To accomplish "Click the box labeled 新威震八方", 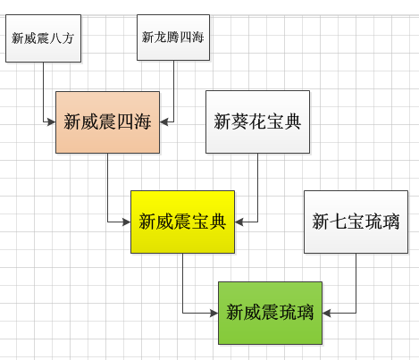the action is pos(43,38).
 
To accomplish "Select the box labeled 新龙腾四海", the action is pos(173,38).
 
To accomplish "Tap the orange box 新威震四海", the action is pos(107,122).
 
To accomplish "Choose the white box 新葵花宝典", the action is pos(257,122).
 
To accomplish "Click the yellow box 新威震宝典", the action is pos(182,222).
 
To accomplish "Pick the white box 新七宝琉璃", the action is pos(356,222).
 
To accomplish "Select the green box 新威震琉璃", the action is pos(270,313).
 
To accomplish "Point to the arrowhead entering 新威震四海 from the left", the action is pos(52,121).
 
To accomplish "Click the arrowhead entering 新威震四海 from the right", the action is pos(163,121).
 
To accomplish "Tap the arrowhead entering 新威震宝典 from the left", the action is pos(127,222).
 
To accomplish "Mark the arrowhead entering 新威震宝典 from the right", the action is pos(239,222).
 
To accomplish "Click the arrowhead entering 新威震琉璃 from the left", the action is pos(214,313).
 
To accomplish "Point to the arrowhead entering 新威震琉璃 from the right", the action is pos(326,313).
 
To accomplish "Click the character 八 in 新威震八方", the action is pos(55,38).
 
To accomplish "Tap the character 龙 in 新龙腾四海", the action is pos(160,38).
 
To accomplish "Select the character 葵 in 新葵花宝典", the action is pos(239,122).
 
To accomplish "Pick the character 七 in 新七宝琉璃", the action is pos(339,222).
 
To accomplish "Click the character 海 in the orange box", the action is pos(142,122).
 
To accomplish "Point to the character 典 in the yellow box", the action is pos(217,222).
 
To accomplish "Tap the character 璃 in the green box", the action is pos(305,313).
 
